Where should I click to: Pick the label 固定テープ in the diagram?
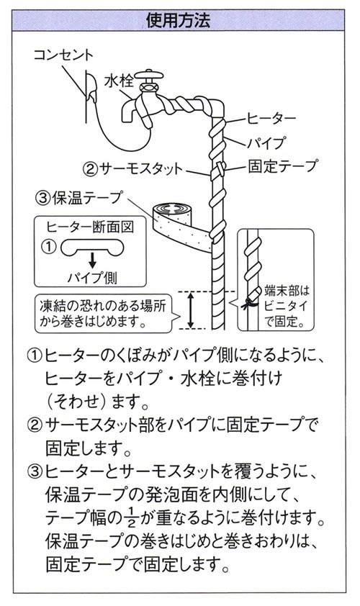pos(282,166)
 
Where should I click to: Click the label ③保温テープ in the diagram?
pos(80,195)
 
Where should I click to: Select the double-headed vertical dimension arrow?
pos(191,310)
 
